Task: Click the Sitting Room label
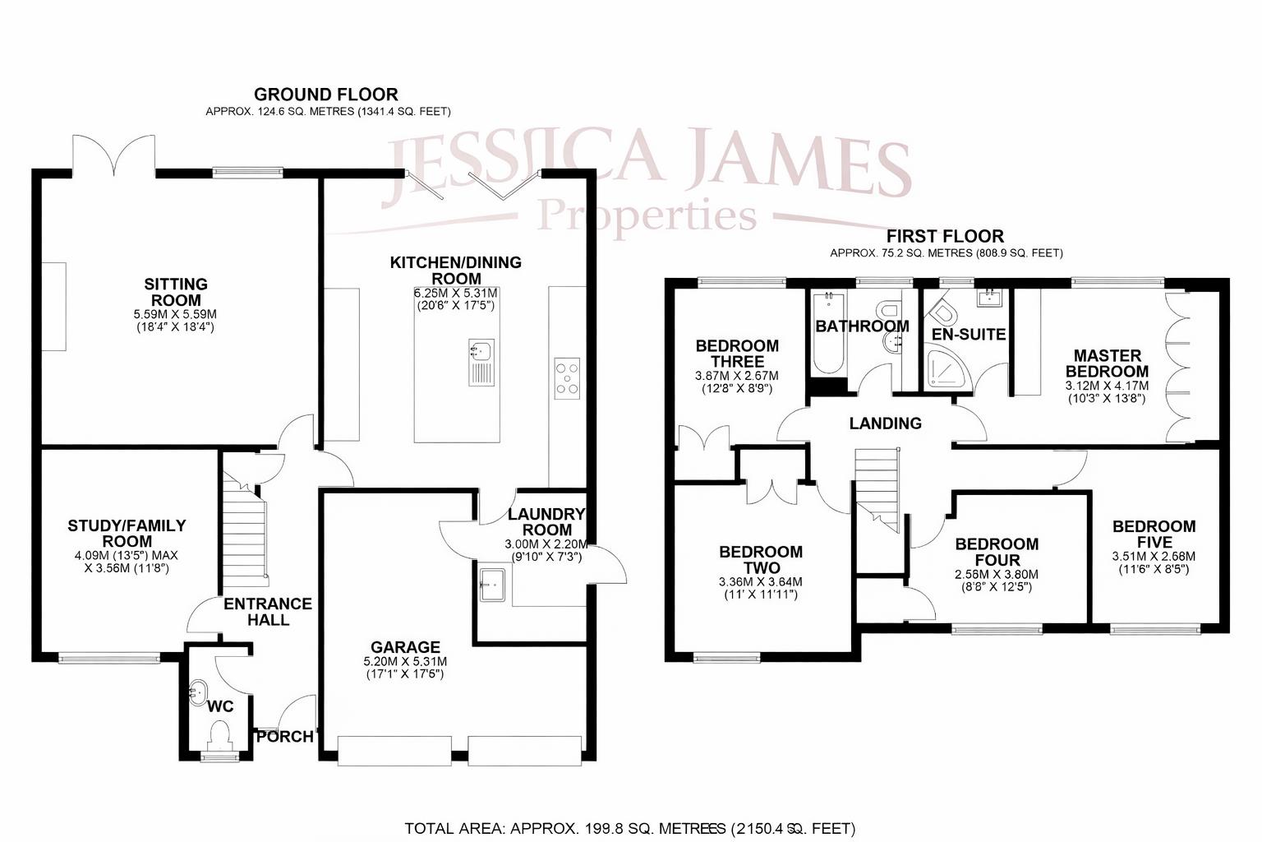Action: (x=176, y=292)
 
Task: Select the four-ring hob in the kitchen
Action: (x=567, y=377)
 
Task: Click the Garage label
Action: (x=405, y=647)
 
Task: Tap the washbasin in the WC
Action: (x=198, y=692)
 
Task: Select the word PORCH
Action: (x=285, y=737)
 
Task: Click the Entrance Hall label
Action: (x=268, y=612)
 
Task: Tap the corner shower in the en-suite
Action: (x=945, y=371)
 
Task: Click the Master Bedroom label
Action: (x=1107, y=363)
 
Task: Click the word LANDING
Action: (x=885, y=423)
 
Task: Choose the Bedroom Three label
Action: (x=737, y=353)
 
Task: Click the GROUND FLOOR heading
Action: (x=326, y=95)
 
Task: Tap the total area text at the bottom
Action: (x=630, y=828)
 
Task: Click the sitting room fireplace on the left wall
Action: (x=54, y=307)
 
